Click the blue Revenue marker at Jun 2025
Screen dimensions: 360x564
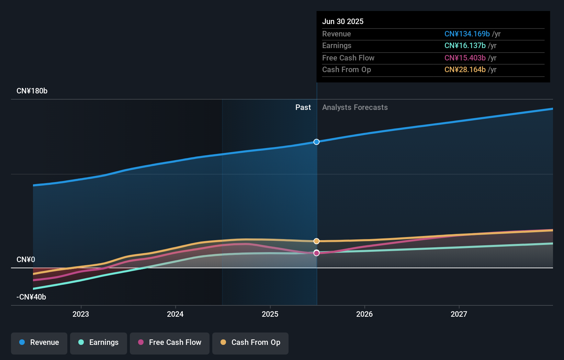[x=316, y=142]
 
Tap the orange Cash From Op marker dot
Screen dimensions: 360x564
[x=316, y=241]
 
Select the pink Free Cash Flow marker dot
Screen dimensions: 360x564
[x=316, y=253]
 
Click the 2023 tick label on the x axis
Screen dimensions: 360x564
[x=81, y=314]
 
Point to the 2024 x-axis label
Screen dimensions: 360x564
[x=175, y=314]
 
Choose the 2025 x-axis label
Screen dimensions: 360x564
[x=270, y=314]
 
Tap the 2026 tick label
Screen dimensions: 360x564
[x=364, y=314]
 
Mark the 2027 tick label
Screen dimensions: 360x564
[x=459, y=314]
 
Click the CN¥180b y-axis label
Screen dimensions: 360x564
[x=32, y=91]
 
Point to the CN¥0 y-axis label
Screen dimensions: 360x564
[x=26, y=260]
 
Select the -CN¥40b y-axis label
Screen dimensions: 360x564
[x=31, y=297]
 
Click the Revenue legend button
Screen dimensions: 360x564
[x=39, y=342]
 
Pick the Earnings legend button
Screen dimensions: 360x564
[x=99, y=342]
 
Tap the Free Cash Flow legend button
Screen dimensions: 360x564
[x=170, y=342]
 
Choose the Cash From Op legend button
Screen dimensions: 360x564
[x=250, y=342]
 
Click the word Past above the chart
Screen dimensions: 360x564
[x=303, y=108]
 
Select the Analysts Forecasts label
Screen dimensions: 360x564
[x=355, y=108]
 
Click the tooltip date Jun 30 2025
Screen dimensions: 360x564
[x=343, y=21]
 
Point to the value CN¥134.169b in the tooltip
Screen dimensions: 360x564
[x=467, y=34]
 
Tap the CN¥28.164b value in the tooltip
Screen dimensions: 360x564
[x=465, y=70]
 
